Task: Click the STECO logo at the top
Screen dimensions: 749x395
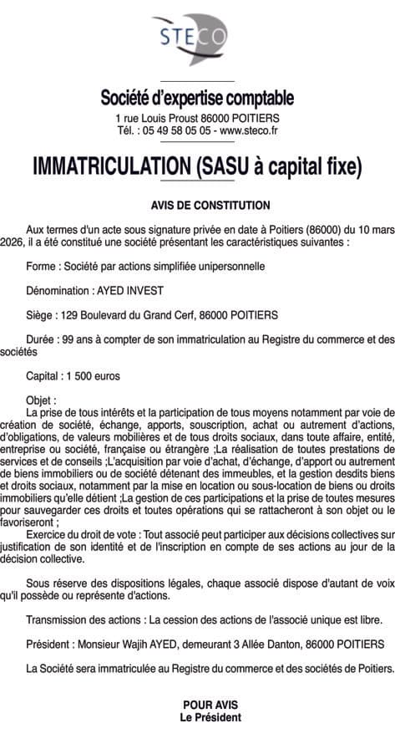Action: (x=196, y=38)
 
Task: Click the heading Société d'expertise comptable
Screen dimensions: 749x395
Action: (x=197, y=99)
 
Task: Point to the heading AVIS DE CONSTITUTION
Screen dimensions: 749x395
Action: (x=198, y=203)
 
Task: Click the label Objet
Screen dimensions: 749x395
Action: (x=41, y=400)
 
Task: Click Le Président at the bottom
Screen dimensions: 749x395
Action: (x=198, y=717)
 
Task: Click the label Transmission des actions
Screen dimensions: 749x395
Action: (x=83, y=619)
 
